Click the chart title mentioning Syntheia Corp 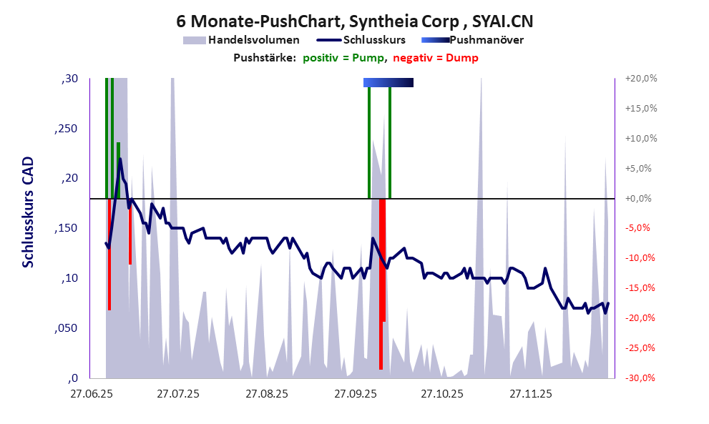(354, 20)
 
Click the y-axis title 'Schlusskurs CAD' (29, 213)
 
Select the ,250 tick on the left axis (66, 129)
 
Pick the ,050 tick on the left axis (66, 328)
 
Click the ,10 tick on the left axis (69, 278)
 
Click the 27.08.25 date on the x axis (267, 394)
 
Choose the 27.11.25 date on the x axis (530, 394)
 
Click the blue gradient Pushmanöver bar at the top (388, 83)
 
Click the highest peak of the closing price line (120, 159)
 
